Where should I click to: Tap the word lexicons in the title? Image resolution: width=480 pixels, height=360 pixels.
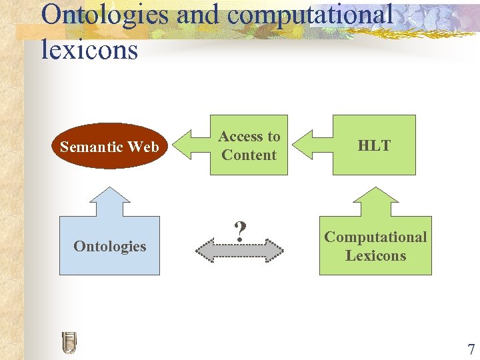[89, 49]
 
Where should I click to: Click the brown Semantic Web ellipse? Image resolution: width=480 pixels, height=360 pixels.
[109, 146]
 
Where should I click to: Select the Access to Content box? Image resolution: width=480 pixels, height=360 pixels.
[249, 145]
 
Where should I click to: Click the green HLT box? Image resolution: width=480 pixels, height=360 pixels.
[374, 145]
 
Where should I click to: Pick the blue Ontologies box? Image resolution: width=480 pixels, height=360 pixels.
[109, 246]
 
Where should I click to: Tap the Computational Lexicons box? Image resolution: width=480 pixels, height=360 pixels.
[375, 246]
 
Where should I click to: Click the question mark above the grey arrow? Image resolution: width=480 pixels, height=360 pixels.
[241, 231]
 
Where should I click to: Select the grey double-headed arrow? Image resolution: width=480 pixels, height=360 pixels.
[239, 251]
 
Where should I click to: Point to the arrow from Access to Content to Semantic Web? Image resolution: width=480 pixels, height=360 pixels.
[191, 145]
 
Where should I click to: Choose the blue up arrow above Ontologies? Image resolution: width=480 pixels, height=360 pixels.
[109, 200]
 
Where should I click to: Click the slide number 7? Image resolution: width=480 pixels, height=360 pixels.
[471, 349]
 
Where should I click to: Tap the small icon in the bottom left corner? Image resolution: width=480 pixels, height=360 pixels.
[69, 342]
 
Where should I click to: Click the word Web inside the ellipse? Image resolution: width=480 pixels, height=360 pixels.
[144, 146]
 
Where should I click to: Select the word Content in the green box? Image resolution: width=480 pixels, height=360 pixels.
[249, 155]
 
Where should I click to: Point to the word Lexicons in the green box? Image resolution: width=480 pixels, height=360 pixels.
[375, 255]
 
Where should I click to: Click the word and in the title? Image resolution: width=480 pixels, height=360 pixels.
[195, 15]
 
